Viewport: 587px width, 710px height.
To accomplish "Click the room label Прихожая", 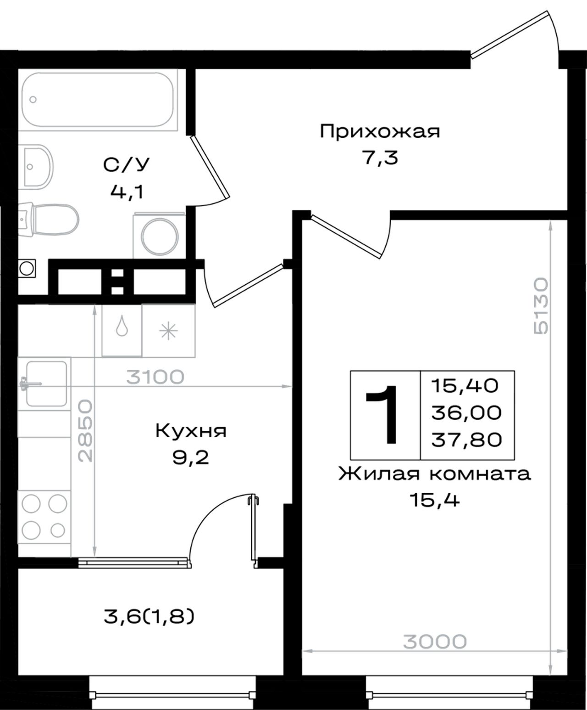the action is pos(380,132).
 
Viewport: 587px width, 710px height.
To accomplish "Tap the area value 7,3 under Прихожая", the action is pos(380,158).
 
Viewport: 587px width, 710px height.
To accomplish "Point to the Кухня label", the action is pos(191,431).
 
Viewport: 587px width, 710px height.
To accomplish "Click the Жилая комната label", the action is pos(434,474).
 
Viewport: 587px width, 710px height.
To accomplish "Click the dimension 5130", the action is pos(541,306).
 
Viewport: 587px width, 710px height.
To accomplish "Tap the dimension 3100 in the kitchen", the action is pos(155,377).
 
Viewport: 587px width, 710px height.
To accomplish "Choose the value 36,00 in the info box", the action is pos(466,412).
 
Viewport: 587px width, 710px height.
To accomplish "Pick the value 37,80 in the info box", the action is pos(466,440).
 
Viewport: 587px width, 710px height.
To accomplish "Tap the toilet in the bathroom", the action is pos(49,220).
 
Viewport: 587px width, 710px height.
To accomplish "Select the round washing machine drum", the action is pos(160,237).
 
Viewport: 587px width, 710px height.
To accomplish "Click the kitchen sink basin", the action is pos(46,384).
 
